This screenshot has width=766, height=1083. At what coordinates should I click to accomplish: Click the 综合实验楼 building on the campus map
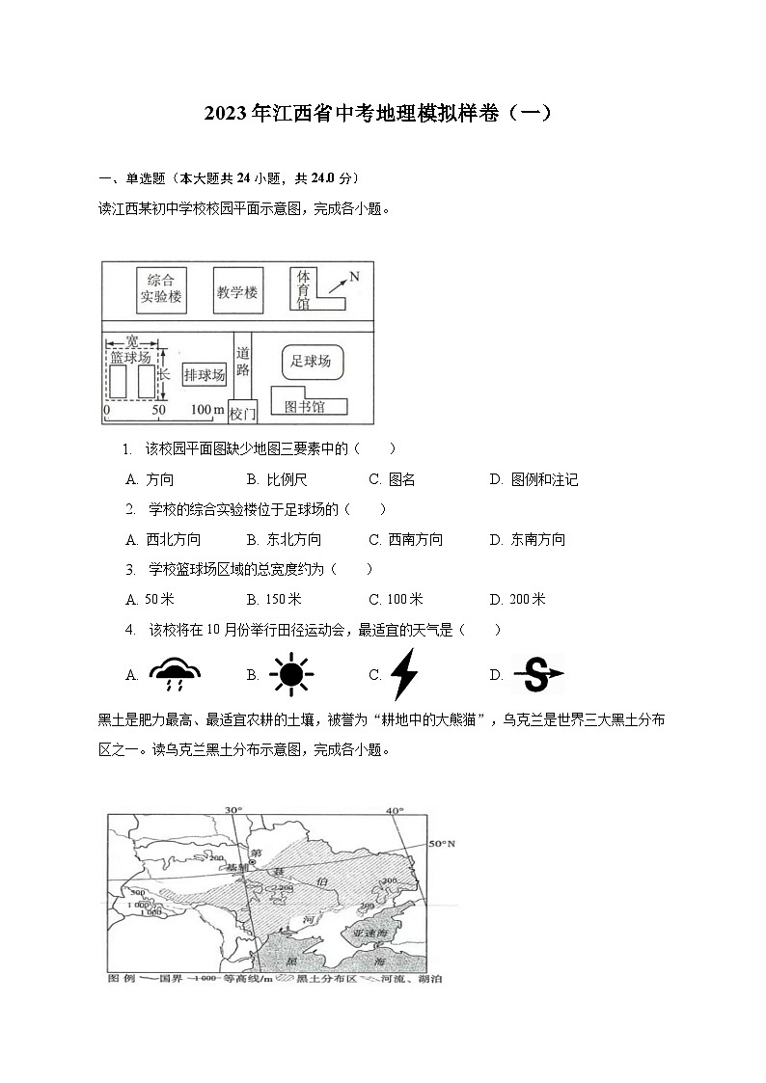point(160,288)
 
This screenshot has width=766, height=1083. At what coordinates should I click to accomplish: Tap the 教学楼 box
point(237,290)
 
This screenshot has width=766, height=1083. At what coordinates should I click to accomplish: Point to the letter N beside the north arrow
point(354,277)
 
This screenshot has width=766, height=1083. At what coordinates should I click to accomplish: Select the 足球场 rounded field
point(311,362)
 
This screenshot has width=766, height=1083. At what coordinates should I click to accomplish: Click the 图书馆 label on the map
point(305,406)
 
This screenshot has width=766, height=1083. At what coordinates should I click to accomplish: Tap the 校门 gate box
point(243,413)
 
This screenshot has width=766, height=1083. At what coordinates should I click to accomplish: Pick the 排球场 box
point(205,375)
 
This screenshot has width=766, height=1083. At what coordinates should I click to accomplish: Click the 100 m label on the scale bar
point(206,411)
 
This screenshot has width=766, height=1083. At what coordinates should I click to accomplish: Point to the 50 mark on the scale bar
point(159,411)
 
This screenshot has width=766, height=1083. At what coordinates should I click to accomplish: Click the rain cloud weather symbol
point(176,674)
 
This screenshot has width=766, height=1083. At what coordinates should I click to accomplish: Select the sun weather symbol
point(289,674)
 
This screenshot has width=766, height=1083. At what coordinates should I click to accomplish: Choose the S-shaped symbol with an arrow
point(537,674)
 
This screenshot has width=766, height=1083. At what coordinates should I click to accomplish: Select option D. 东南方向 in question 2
point(527,539)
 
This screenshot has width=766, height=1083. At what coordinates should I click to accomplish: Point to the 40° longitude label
point(395,810)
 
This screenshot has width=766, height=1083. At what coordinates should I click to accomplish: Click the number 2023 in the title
point(226,113)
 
